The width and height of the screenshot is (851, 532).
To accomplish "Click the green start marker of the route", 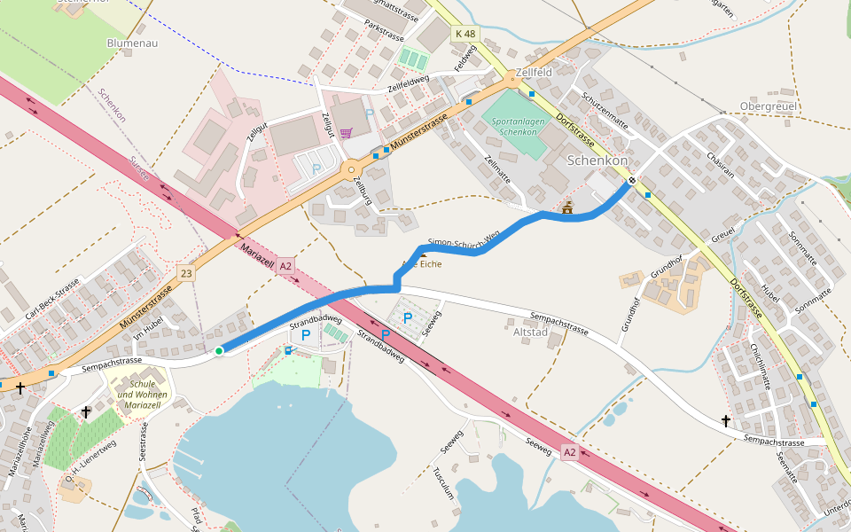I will point(219,351).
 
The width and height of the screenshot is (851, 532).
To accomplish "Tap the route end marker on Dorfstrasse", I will point(631,181).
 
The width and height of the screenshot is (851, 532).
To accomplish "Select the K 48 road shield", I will point(465,34).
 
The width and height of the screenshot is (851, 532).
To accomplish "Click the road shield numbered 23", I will point(184,273).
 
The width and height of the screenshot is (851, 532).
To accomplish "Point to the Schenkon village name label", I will point(597,160).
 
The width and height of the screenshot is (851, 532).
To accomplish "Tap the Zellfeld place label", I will point(535,71).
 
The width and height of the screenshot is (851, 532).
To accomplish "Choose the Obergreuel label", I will point(769,106).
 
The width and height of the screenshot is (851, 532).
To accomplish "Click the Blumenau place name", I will point(132,43).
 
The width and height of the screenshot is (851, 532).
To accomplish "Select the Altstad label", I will point(531,332).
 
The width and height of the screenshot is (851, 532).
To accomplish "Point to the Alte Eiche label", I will point(421,264).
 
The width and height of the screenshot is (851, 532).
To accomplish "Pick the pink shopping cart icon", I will point(346,133).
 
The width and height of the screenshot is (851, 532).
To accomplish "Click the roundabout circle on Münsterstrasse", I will point(352,169).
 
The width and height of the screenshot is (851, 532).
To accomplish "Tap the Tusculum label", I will point(443,482).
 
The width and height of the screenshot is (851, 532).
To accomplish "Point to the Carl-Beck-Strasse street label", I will point(52,299).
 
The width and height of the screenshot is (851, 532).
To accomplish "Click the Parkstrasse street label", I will point(384,32).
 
